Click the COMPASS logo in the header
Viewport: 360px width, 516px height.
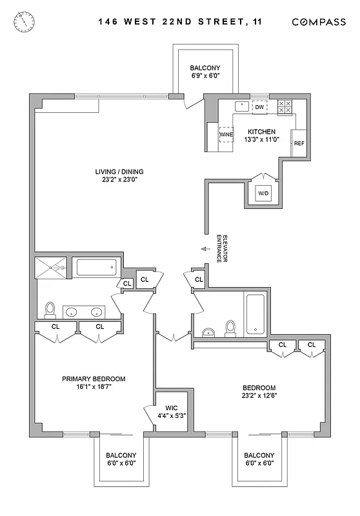click(319, 21)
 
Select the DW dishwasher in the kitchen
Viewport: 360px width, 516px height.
click(259, 107)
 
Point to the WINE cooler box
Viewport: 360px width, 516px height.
click(226, 135)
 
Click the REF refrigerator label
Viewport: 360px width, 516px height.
click(299, 143)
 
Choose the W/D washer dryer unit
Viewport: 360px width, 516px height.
click(264, 193)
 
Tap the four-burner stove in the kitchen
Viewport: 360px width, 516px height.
click(285, 107)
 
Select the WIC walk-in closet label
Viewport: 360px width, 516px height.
click(172, 408)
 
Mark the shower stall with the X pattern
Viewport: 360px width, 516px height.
click(50, 267)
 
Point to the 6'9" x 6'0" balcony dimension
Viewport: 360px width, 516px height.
click(205, 76)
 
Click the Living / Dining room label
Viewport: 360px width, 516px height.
click(119, 172)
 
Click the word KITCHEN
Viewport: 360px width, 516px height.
click(263, 132)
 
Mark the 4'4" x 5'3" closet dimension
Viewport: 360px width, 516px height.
click(172, 416)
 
